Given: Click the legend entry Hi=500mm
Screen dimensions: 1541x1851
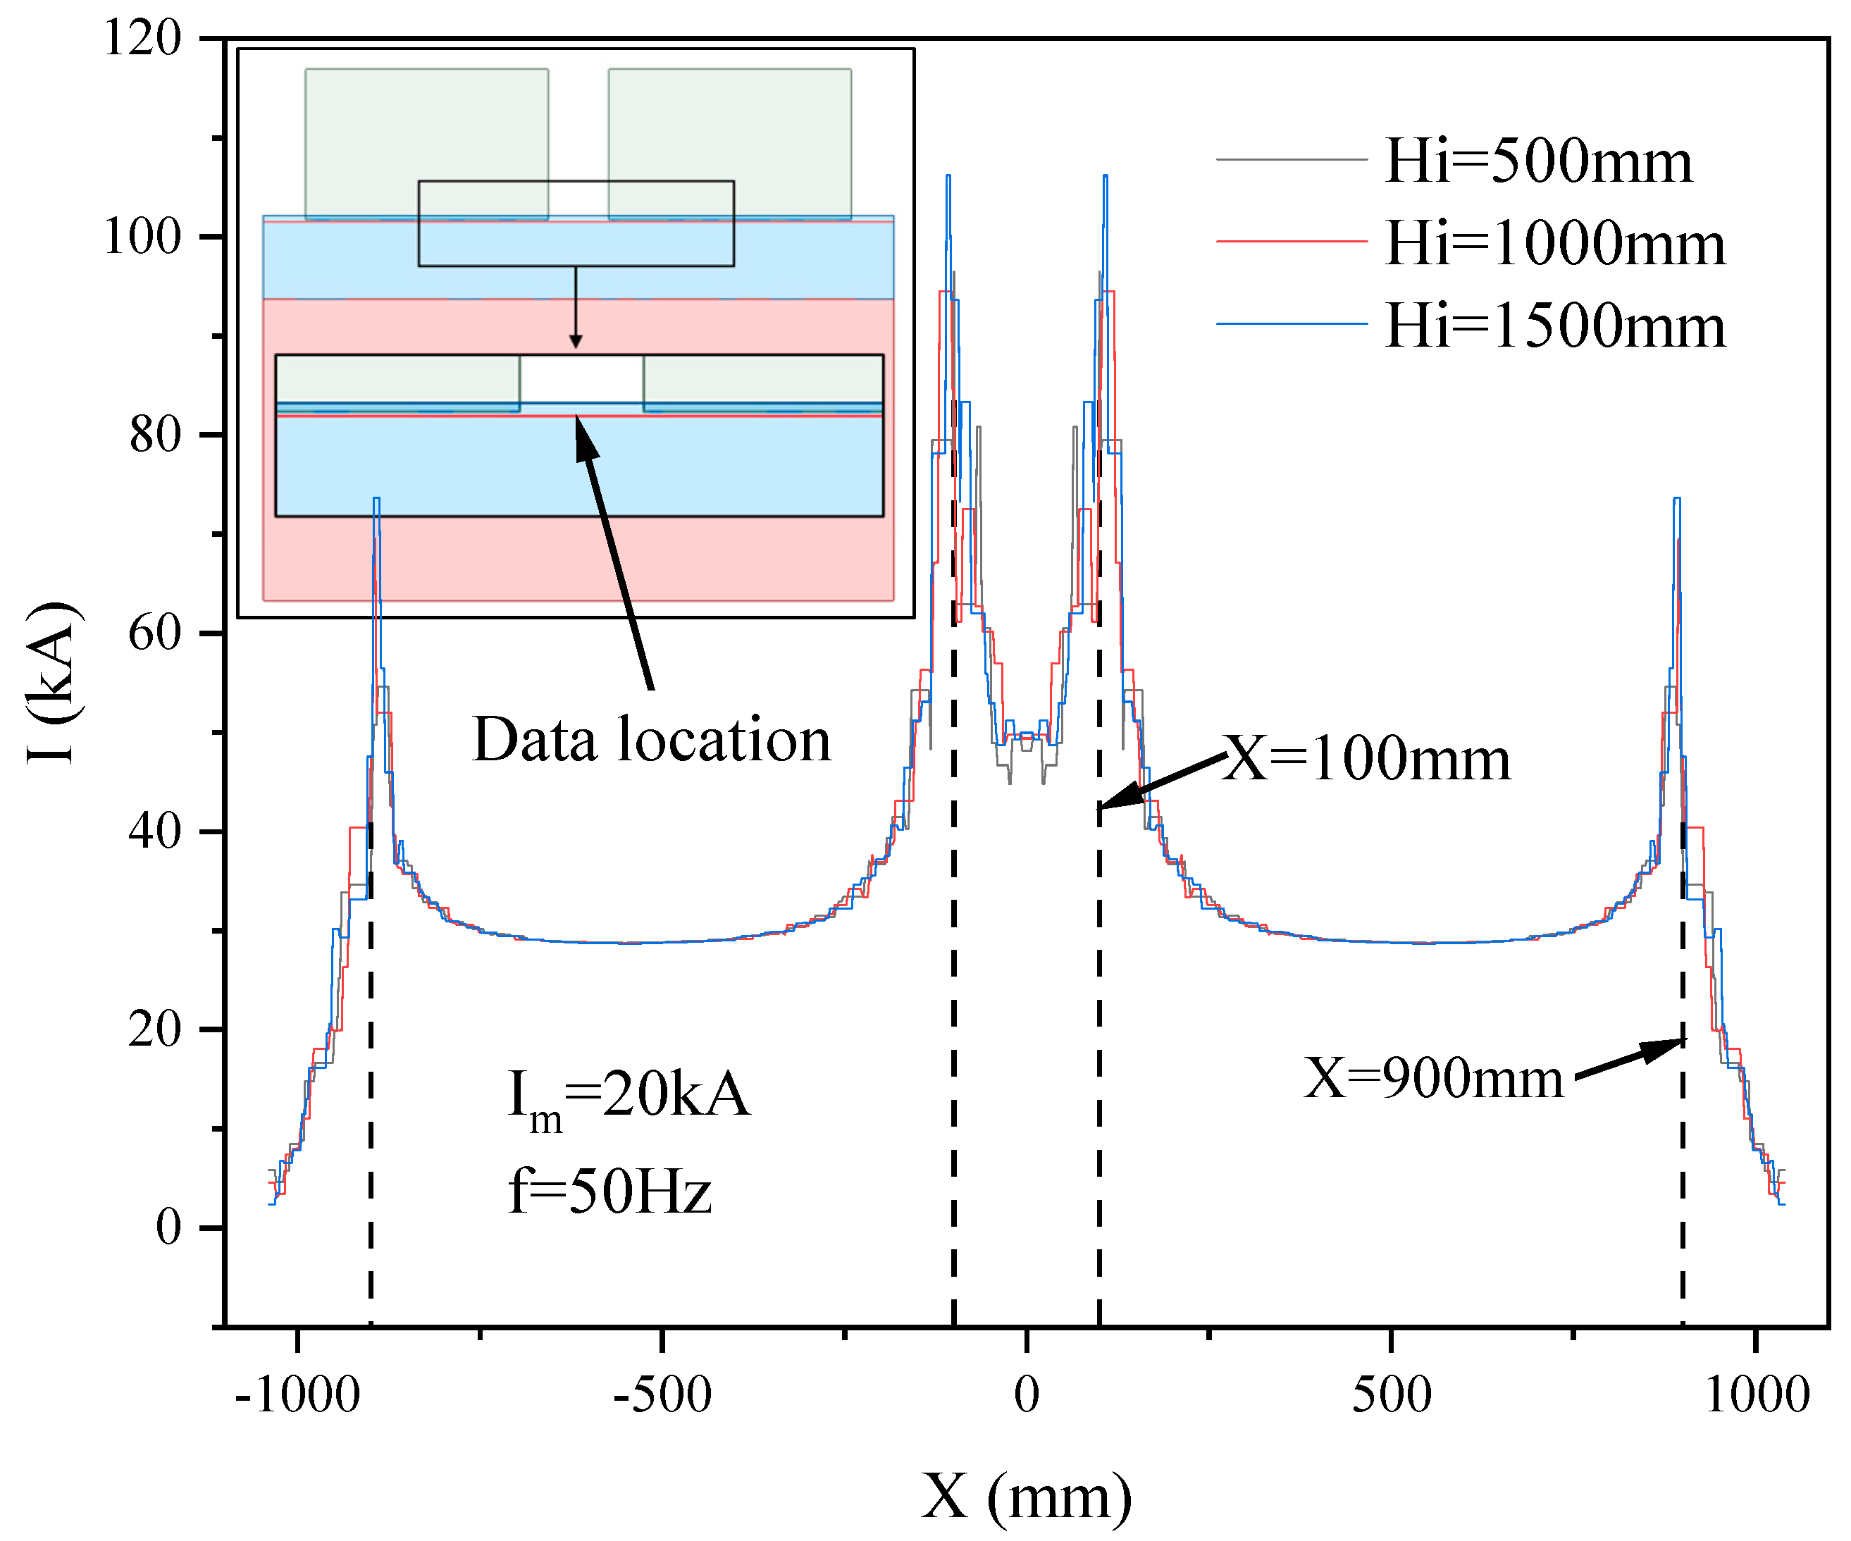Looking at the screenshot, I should pos(1537,161).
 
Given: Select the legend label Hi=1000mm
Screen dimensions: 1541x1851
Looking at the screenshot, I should pos(1554,243).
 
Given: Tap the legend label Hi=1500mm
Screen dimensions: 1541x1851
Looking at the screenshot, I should pos(1554,326).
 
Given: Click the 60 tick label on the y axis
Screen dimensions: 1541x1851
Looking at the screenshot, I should pos(154,633).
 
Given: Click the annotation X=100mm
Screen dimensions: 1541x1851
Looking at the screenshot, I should pos(1367,758).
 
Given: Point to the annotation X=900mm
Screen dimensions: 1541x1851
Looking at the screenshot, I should pos(1433,1077).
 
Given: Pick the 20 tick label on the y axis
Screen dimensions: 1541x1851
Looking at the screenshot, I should pos(154,1029).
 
